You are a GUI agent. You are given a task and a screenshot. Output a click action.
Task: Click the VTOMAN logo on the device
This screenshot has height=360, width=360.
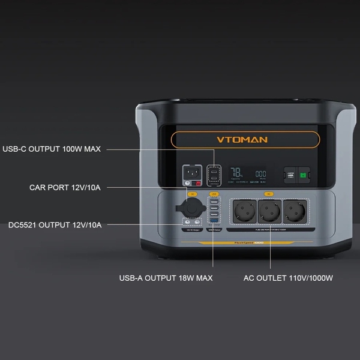click(242, 140)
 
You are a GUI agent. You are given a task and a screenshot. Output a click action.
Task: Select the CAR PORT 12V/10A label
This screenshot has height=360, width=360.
click(65, 188)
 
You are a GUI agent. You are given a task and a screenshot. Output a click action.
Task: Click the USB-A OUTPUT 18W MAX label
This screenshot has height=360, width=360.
click(166, 278)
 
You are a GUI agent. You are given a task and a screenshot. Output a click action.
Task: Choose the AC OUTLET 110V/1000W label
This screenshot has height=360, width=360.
click(288, 278)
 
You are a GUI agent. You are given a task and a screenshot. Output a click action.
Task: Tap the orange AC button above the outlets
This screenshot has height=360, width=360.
click(268, 194)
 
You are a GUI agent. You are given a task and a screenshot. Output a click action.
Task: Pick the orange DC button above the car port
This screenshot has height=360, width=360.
click(192, 194)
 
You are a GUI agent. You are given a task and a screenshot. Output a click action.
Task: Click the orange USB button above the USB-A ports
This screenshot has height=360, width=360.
click(214, 194)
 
